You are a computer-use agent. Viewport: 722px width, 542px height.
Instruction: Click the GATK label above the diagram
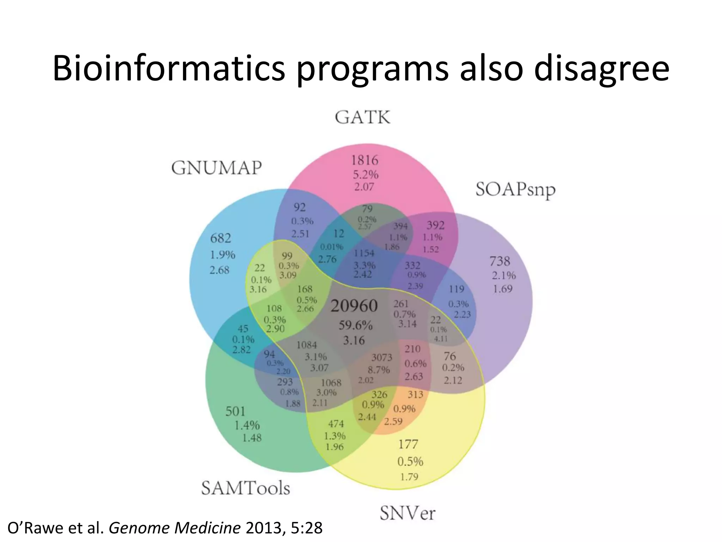point(362,118)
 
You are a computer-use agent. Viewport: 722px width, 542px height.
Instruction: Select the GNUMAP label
point(216,168)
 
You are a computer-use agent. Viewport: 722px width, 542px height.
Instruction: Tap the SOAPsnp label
point(515,190)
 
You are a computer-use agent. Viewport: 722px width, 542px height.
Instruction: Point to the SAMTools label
point(246,488)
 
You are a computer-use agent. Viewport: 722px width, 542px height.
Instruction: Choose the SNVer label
point(408,513)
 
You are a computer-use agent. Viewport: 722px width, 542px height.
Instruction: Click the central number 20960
point(354,306)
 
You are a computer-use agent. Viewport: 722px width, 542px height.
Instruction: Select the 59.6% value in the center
point(355,325)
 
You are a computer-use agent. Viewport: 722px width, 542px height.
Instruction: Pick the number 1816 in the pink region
point(365,161)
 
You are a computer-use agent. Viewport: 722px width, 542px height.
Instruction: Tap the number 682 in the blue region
point(221,238)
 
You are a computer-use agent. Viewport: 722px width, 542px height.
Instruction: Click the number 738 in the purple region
point(500,261)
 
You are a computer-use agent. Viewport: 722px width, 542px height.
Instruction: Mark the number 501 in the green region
point(235,411)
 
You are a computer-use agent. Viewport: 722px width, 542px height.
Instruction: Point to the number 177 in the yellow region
point(408,444)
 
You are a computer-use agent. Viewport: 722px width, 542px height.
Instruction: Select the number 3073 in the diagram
point(381,357)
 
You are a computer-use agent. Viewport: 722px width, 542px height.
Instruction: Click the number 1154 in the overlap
point(364,253)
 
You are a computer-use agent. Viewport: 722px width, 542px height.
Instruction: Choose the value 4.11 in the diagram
point(440,339)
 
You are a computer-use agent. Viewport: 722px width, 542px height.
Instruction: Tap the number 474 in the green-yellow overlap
point(336,424)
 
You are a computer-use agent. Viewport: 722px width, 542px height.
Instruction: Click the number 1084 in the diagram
point(307,345)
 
